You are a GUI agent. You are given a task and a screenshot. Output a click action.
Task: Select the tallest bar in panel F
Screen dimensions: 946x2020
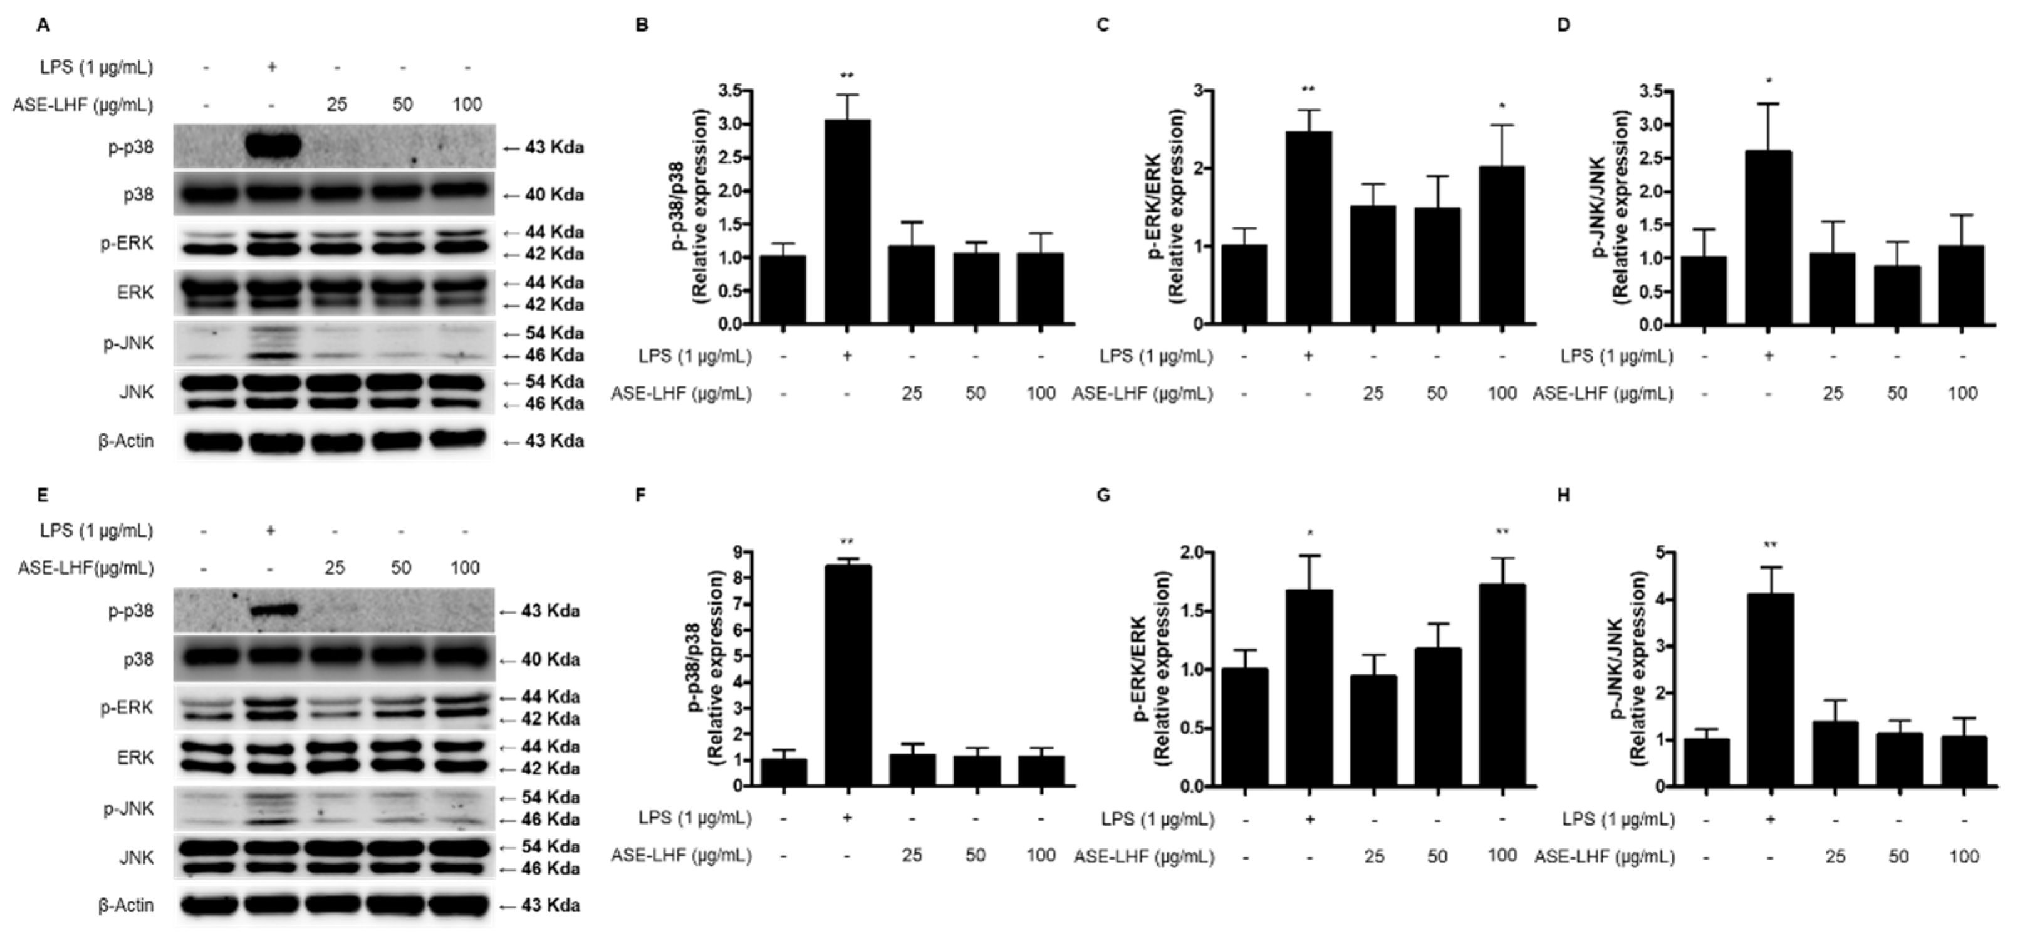pos(847,675)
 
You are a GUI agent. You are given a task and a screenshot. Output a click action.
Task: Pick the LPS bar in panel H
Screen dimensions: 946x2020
pos(1770,690)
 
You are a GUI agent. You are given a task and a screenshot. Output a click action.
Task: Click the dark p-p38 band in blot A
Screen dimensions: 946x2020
pos(272,146)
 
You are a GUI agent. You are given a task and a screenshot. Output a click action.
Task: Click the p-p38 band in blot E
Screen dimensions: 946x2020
pos(271,609)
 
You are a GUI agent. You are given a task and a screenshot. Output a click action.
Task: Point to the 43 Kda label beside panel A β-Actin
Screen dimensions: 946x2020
pos(554,441)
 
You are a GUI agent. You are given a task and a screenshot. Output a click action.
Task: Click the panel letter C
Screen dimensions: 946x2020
pos(1103,25)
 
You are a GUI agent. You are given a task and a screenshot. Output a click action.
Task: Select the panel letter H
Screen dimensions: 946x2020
pos(1563,495)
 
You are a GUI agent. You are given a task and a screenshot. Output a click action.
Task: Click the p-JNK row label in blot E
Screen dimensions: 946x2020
pos(130,808)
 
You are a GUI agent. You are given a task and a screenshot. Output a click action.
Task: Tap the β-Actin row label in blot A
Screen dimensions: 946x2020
pos(125,441)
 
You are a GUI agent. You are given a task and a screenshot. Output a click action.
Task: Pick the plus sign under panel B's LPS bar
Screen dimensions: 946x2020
pos(846,356)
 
